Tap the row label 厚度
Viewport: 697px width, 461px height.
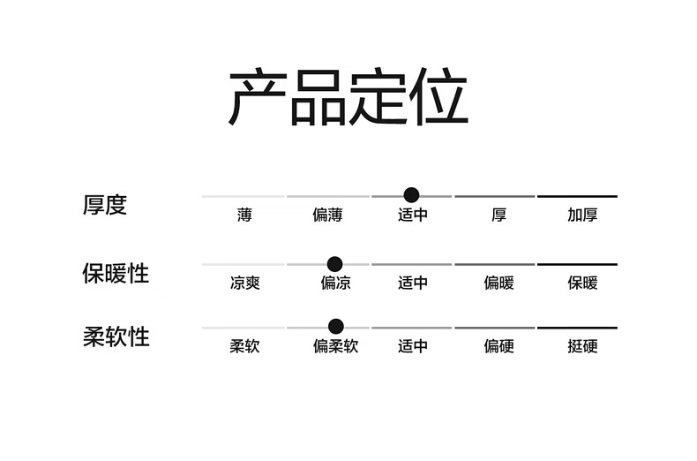pyautogui.click(x=105, y=205)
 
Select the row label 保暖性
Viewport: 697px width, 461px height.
pyautogui.click(x=116, y=273)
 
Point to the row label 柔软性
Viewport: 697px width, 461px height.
pyautogui.click(x=116, y=336)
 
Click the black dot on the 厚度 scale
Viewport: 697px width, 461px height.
pyautogui.click(x=410, y=195)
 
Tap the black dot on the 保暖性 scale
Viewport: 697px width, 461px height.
pyautogui.click(x=334, y=263)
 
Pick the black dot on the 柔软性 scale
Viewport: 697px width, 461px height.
pyautogui.click(x=335, y=327)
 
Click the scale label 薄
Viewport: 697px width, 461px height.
pyautogui.click(x=244, y=215)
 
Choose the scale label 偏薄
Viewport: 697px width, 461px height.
pyautogui.click(x=327, y=215)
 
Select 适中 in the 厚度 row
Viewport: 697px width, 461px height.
pyautogui.click(x=412, y=215)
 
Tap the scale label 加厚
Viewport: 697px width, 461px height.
pyautogui.click(x=582, y=215)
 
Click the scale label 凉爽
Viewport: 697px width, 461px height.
pyautogui.click(x=244, y=283)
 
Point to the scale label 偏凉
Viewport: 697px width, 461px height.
pyautogui.click(x=335, y=283)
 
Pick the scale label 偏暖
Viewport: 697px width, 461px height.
pyautogui.click(x=498, y=283)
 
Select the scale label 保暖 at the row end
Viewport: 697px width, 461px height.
pyautogui.click(x=582, y=283)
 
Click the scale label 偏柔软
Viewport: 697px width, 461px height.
pyautogui.click(x=335, y=346)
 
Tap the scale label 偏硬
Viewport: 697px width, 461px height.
pyautogui.click(x=498, y=346)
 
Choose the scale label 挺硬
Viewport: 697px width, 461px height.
pyautogui.click(x=582, y=346)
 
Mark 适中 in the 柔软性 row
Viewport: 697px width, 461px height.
pyautogui.click(x=412, y=346)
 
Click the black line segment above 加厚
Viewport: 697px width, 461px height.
pyautogui.click(x=577, y=196)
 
